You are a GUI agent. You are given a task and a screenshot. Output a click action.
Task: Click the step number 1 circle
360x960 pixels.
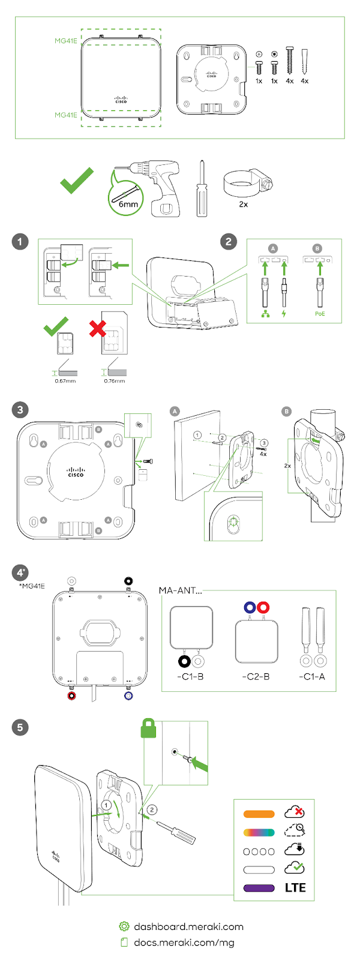tap(20, 242)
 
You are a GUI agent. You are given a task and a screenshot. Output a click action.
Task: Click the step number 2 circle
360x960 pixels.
tap(228, 242)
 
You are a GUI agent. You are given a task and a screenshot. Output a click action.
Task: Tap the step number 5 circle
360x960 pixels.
tap(20, 728)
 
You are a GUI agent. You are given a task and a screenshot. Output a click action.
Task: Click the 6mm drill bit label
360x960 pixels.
tap(128, 204)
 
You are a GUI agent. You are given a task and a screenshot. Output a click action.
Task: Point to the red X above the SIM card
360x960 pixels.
tap(97, 328)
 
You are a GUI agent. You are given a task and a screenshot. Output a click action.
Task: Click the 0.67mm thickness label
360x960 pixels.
tap(65, 381)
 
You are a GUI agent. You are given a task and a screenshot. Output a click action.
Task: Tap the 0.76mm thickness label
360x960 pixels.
tap(115, 381)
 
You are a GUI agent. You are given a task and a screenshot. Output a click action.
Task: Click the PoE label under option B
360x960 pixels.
tap(320, 314)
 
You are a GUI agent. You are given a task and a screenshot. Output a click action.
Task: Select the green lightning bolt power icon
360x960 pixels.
tap(284, 314)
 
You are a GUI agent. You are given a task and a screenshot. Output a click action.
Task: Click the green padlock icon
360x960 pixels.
tap(148, 728)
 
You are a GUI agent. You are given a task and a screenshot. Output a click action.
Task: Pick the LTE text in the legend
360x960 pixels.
tap(295, 888)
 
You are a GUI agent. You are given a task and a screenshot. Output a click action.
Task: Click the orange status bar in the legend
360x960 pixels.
tap(259, 814)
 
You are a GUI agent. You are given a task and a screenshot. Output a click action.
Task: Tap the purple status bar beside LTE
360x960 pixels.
tap(259, 888)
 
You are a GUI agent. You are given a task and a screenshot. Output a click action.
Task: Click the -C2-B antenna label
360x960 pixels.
tap(256, 677)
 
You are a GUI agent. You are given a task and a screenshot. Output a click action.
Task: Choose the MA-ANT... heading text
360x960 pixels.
tap(180, 590)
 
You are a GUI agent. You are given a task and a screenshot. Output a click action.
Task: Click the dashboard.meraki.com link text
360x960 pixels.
tap(188, 926)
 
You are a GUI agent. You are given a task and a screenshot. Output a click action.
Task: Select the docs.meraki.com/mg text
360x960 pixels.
tap(184, 942)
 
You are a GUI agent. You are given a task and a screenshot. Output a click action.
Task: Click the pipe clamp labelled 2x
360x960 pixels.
tap(246, 181)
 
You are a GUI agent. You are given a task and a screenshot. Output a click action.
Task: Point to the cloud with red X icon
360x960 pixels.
tap(295, 812)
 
